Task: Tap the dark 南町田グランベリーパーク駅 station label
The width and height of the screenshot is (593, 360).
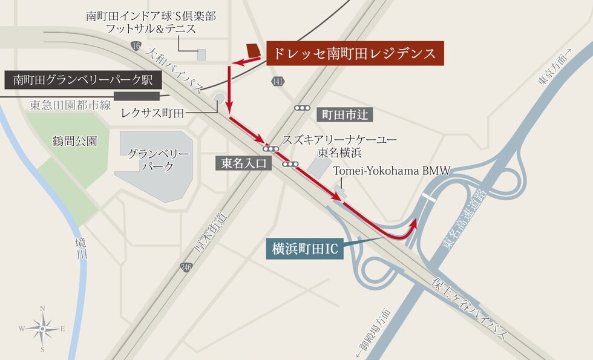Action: click(84, 79)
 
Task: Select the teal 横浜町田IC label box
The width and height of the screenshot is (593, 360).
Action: click(304, 248)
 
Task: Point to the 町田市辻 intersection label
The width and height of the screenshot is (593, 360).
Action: click(344, 114)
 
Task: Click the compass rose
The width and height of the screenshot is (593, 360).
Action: click(42, 329)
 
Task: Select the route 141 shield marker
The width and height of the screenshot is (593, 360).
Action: click(278, 82)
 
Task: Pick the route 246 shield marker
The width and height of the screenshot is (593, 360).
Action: click(184, 266)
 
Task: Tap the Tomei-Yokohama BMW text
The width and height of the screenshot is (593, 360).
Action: click(392, 171)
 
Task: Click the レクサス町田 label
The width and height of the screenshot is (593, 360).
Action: click(152, 113)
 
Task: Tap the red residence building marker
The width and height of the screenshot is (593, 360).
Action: click(253, 50)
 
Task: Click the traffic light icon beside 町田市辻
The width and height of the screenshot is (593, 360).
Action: click(303, 108)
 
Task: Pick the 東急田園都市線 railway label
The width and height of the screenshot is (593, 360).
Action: click(71, 105)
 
